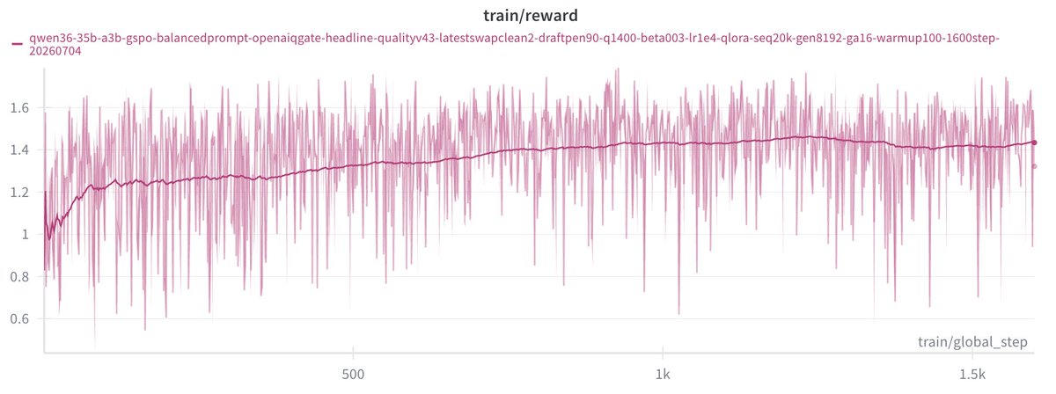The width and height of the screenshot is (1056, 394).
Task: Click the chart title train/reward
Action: pos(531,16)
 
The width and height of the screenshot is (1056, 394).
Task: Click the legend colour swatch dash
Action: pos(18,44)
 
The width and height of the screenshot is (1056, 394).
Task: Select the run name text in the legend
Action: pos(514,44)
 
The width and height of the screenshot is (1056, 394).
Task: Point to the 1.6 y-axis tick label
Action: pos(19,108)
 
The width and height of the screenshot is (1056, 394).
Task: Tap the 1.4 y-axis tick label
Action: pos(19,150)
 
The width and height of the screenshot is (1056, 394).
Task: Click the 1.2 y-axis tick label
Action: pos(19,193)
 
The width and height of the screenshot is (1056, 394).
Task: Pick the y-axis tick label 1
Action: pos(26,234)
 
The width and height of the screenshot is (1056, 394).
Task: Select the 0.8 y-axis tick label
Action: pos(19,277)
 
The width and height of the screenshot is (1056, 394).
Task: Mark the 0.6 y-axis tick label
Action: pos(19,318)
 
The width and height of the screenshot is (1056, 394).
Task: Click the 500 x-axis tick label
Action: pos(353,375)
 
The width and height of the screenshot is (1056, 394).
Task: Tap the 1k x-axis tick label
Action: pos(663,375)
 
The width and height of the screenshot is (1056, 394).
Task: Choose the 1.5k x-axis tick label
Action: pos(972,375)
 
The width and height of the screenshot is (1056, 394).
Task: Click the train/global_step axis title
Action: pos(972,342)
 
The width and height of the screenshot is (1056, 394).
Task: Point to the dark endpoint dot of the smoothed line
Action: pos(1034,142)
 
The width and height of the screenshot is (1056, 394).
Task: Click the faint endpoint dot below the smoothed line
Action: pos(1034,166)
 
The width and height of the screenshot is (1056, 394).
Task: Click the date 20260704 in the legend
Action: pos(55,51)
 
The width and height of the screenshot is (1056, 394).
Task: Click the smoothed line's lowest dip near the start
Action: pos(49,239)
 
